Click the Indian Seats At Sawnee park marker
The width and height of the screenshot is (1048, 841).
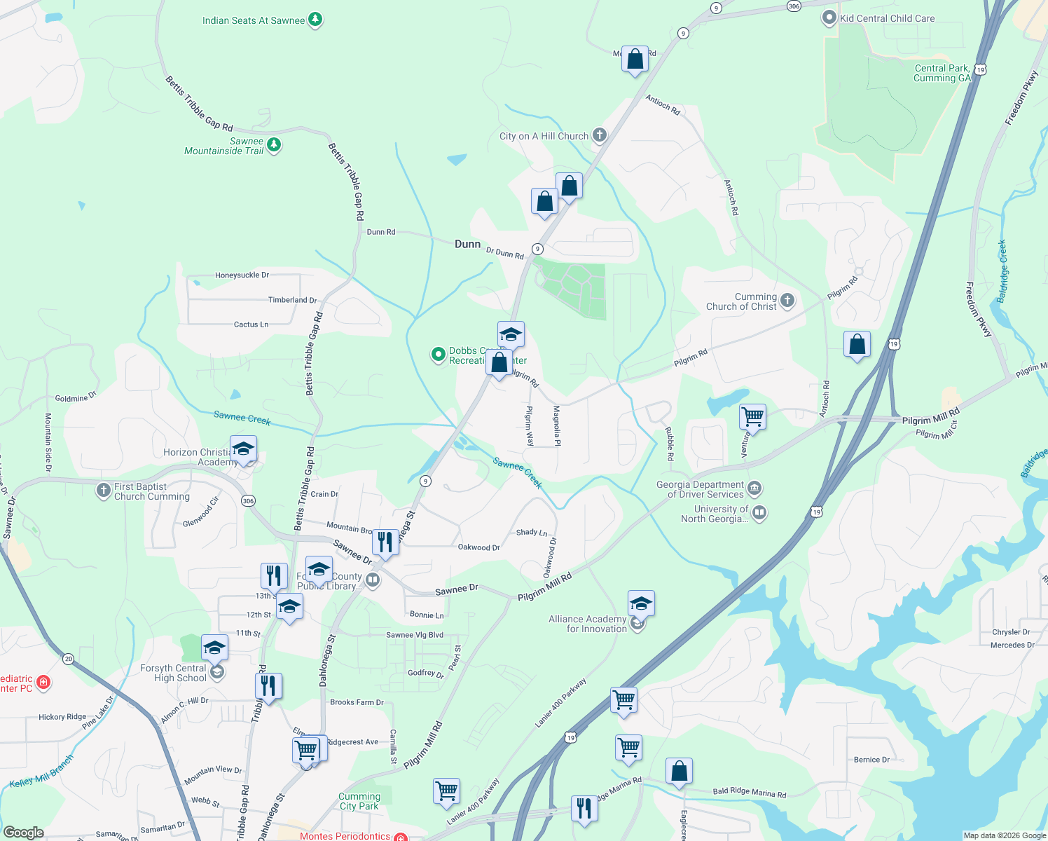click(x=315, y=20)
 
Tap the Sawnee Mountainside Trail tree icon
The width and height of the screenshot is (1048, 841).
click(x=274, y=145)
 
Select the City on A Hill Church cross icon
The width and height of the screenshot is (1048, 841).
click(x=599, y=135)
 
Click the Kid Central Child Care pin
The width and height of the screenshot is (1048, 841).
click(x=829, y=18)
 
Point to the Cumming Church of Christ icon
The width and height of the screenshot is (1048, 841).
click(x=787, y=301)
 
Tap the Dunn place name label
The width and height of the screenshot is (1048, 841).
click(x=468, y=244)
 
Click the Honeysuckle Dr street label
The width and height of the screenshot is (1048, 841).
click(x=242, y=275)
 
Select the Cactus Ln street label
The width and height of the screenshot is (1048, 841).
click(x=251, y=324)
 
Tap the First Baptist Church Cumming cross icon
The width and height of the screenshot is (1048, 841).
click(x=104, y=490)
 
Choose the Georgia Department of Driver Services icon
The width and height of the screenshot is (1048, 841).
click(x=754, y=488)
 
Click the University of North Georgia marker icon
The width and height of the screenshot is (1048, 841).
click(x=759, y=513)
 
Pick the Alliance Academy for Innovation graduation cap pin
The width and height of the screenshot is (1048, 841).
click(x=640, y=603)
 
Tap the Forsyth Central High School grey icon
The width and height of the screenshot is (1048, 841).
click(x=217, y=673)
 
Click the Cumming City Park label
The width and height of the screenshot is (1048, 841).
click(x=359, y=801)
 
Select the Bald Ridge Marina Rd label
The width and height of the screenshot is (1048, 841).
click(x=749, y=793)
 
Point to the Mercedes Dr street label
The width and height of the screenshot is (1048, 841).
click(x=1012, y=645)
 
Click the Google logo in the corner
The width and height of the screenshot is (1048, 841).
click(x=23, y=832)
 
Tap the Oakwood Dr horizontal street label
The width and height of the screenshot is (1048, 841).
click(x=478, y=547)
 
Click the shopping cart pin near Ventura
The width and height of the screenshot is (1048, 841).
click(x=752, y=417)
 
